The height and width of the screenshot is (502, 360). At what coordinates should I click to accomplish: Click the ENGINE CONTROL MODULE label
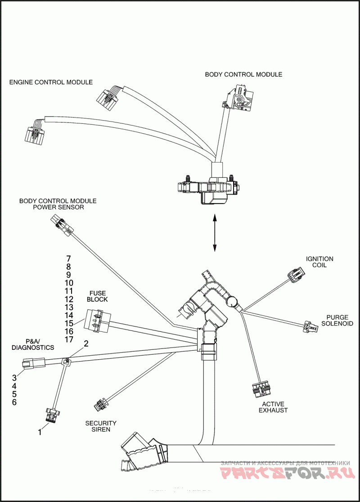click(x=51, y=82)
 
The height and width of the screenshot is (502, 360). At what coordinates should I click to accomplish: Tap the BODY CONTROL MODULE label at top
click(x=243, y=74)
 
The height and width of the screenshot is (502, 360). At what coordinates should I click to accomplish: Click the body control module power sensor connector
click(x=62, y=225)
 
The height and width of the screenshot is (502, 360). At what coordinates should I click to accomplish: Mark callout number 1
click(x=40, y=432)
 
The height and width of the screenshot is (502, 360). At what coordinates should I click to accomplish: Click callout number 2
click(x=86, y=344)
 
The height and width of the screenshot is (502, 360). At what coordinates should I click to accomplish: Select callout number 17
click(x=68, y=339)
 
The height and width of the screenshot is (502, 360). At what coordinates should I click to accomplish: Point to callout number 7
click(x=68, y=259)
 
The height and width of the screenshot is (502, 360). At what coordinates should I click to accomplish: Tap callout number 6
click(x=14, y=402)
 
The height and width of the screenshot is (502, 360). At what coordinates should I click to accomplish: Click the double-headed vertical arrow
click(x=215, y=233)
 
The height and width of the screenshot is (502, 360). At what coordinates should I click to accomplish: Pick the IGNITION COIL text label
click(x=319, y=262)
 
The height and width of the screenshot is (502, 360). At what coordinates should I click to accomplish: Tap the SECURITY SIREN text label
click(x=101, y=426)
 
